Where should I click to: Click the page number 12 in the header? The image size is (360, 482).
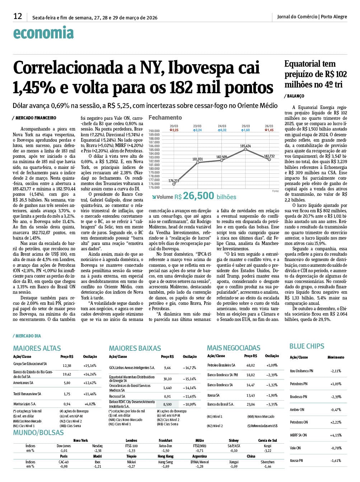[x=18, y=16]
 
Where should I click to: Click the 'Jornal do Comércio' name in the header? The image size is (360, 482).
[x=297, y=16]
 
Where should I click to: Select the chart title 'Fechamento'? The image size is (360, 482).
[x=165, y=118]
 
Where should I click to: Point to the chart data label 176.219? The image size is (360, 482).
[x=174, y=181]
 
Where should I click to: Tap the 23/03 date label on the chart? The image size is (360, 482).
[x=197, y=126]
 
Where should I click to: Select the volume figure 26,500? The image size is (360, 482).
[x=198, y=196]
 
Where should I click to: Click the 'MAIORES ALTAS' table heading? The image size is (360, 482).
[x=37, y=348]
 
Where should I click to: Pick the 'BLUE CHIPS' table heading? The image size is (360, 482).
[x=307, y=346]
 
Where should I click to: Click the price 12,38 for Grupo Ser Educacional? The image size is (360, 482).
[x=67, y=365]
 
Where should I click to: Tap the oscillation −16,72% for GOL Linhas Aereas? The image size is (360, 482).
[x=190, y=368]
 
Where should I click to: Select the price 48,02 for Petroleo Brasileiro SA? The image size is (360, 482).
[x=251, y=365]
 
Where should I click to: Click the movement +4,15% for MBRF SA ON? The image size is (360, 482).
[x=336, y=435]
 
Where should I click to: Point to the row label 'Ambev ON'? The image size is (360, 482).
[x=297, y=410]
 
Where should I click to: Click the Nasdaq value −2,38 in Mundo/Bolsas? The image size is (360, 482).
[x=97, y=450]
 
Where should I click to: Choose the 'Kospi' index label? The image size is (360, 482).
[x=267, y=446]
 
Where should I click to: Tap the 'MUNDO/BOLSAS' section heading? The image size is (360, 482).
[x=38, y=433]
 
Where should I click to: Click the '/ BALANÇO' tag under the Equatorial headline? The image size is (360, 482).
[x=294, y=96]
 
